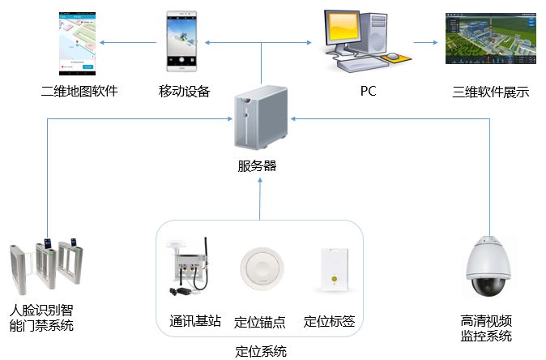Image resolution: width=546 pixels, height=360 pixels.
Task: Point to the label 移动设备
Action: [x=185, y=91]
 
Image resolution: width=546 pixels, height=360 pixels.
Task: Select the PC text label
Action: [x=369, y=91]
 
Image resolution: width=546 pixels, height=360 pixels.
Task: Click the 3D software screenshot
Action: [x=491, y=40]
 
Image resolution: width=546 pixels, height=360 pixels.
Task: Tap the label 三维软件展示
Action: [x=491, y=92]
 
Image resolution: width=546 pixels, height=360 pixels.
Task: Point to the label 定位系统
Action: [x=260, y=351]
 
